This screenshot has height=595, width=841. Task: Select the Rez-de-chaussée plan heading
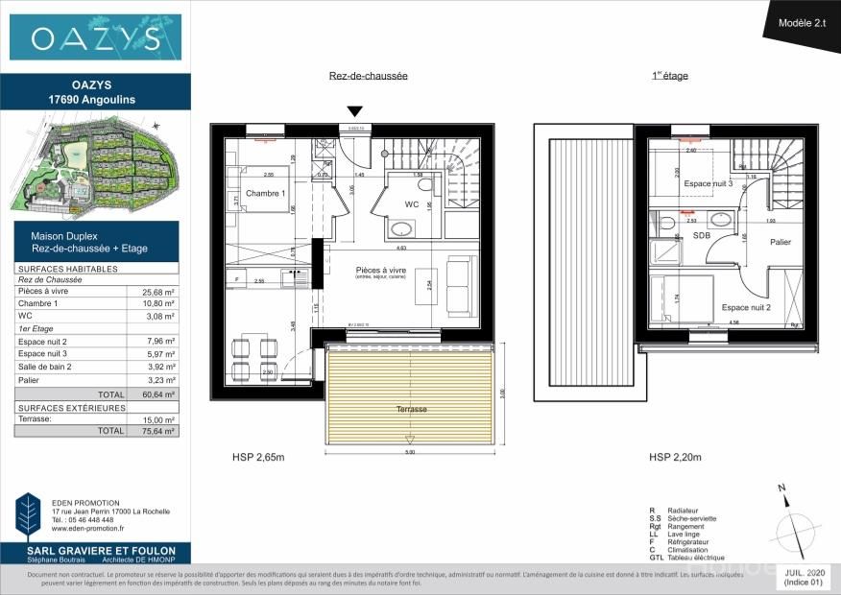click(x=369, y=76)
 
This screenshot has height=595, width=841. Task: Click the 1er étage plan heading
click(x=670, y=76)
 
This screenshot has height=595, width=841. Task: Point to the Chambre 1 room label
click(x=266, y=194)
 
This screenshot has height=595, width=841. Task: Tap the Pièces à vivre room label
click(x=380, y=272)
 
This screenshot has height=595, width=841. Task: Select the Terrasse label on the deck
click(x=413, y=409)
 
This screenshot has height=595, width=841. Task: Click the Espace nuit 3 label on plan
click(x=701, y=183)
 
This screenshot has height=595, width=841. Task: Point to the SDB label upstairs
click(x=702, y=235)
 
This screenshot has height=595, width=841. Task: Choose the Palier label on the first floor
click(x=781, y=242)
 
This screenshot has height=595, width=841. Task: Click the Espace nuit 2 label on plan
click(x=746, y=307)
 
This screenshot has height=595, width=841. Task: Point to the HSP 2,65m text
click(x=258, y=457)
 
